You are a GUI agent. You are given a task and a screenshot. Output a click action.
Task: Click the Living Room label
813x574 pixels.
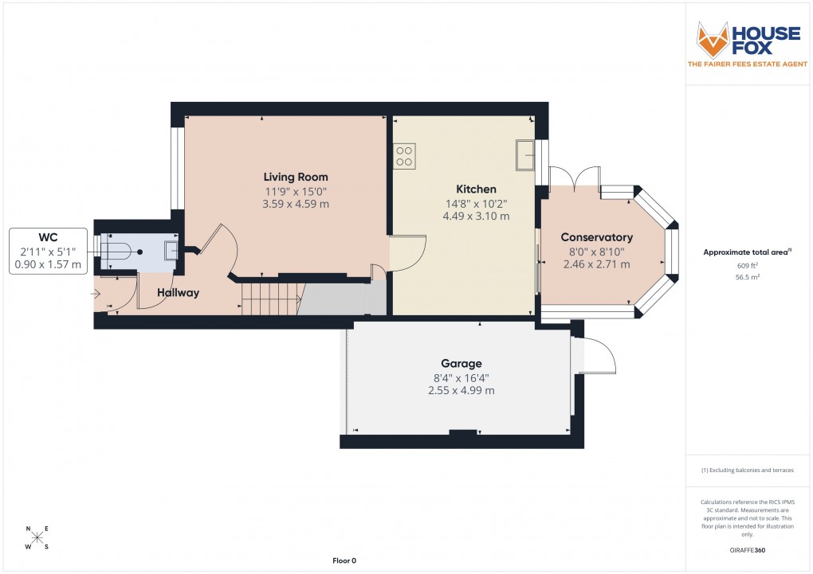(x=296, y=177)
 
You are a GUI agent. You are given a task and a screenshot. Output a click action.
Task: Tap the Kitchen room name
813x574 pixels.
(x=476, y=189)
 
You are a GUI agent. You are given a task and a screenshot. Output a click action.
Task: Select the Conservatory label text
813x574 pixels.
(x=596, y=237)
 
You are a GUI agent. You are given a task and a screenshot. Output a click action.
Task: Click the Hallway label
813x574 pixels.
(x=177, y=293)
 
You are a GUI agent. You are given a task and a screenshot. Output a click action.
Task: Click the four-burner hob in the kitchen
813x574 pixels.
(x=404, y=155)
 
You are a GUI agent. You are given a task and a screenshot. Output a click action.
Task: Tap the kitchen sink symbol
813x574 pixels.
(x=525, y=155)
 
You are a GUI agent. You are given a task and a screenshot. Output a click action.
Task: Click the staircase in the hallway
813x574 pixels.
(x=270, y=299)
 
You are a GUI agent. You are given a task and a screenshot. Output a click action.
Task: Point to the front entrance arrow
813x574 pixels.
(x=97, y=294)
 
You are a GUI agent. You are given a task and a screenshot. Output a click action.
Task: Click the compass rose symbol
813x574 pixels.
(x=37, y=537)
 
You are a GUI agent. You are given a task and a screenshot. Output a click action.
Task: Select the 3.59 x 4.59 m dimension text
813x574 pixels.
(x=296, y=204)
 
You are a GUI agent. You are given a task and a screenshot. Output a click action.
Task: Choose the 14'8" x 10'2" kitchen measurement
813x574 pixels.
(x=476, y=203)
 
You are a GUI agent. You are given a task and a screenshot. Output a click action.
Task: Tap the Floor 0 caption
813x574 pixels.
(x=344, y=561)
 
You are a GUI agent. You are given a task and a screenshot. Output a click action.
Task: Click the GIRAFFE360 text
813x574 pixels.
(x=747, y=550)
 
